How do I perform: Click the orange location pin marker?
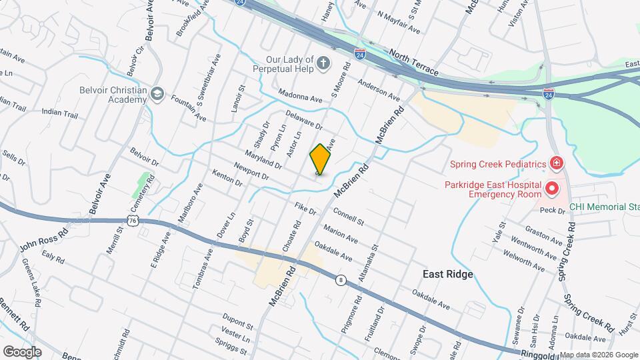[x=321, y=159]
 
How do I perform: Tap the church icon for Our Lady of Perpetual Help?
[x=323, y=63]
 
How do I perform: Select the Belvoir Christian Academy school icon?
[x=157, y=93]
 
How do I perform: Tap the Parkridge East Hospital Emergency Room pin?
[x=551, y=189]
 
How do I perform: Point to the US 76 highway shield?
[x=134, y=221]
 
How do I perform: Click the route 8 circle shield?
[x=341, y=280]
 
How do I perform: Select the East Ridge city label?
[x=447, y=274]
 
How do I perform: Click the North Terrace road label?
[x=414, y=63]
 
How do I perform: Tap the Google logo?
[x=22, y=351]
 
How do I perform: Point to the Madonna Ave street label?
[x=300, y=95]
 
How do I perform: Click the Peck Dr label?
[x=552, y=210]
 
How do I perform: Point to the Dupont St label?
[x=239, y=326]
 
